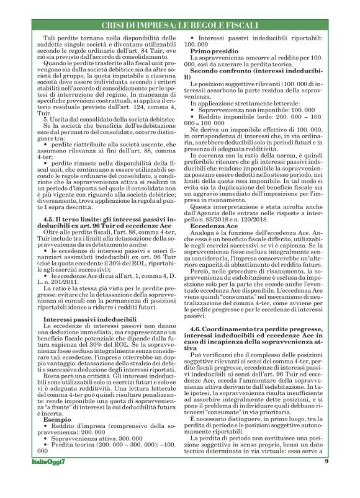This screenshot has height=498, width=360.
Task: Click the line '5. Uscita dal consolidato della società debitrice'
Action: point(99,118)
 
